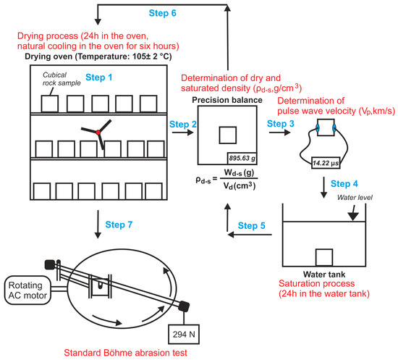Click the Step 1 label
click(x=98, y=78)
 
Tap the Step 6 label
click(x=162, y=13)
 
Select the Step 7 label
click(x=119, y=225)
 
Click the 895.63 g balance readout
click(x=242, y=159)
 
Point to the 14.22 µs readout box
click(x=326, y=163)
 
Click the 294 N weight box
click(x=184, y=335)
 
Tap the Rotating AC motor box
click(x=27, y=290)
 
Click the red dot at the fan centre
click(x=98, y=132)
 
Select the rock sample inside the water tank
click(x=324, y=257)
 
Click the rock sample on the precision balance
click(x=228, y=135)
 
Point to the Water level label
click(x=355, y=198)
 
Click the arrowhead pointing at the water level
click(x=353, y=217)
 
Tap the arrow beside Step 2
click(x=183, y=133)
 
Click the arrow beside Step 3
click(x=280, y=132)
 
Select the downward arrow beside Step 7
click(x=98, y=225)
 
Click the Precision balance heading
click(x=227, y=100)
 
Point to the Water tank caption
click(x=324, y=275)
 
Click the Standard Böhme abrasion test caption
click(x=126, y=353)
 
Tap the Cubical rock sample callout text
click(x=62, y=79)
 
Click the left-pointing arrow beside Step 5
click(x=250, y=234)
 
